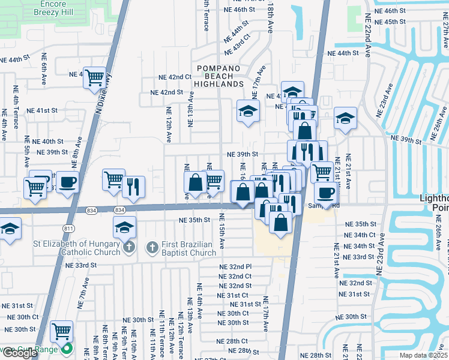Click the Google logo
(20, 353)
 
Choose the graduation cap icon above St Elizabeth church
(124, 227)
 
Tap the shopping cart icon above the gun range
(61, 331)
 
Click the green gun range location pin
(67, 350)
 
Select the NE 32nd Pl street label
(235, 266)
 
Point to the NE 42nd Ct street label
(175, 77)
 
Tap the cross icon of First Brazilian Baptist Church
(151, 247)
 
